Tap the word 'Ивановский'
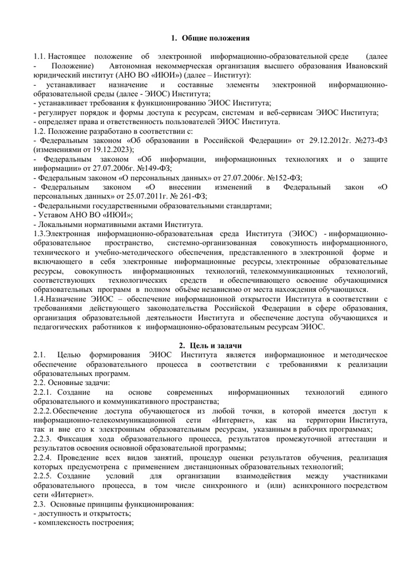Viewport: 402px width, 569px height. (367, 66)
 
